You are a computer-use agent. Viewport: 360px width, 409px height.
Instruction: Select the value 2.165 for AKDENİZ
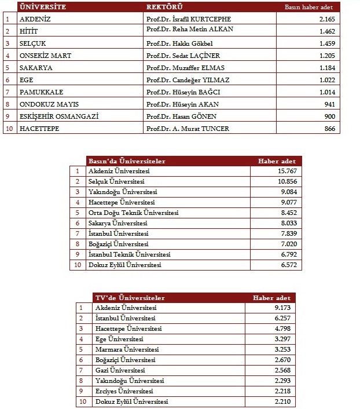pos(328,19)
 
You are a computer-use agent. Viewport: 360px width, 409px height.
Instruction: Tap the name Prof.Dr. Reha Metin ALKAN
pos(190,30)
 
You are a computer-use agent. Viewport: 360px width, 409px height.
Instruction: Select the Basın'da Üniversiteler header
pos(127,161)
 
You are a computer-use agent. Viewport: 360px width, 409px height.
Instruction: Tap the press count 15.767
pos(287,171)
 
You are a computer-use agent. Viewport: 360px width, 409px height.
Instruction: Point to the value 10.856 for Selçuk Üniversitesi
pos(287,181)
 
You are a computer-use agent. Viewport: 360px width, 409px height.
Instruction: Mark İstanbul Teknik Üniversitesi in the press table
pos(129,254)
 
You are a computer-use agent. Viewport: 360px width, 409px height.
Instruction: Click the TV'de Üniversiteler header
pos(130,298)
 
